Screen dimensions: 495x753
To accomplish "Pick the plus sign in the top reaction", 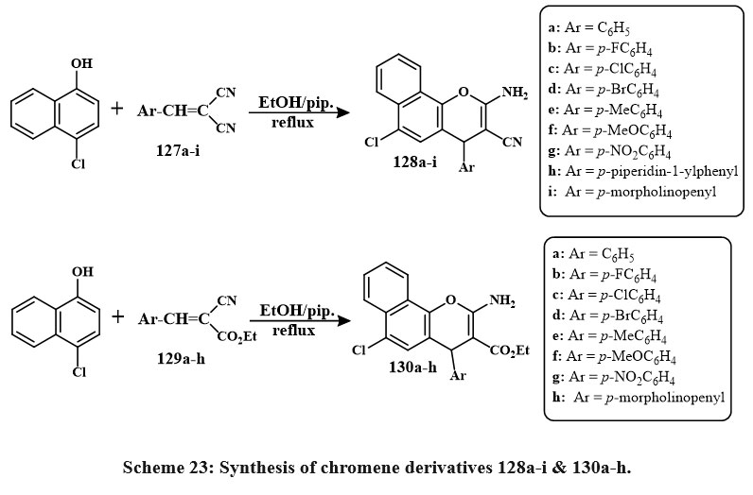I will (x=117, y=108).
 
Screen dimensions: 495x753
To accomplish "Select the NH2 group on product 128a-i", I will (x=515, y=93).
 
